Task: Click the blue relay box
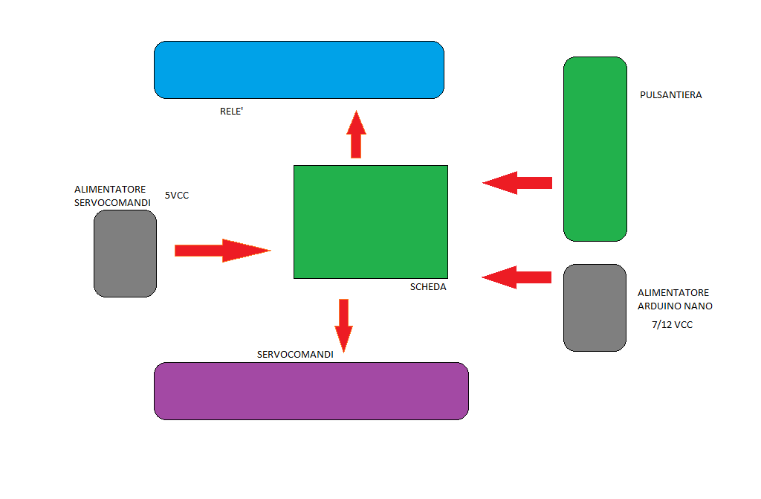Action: [x=299, y=70]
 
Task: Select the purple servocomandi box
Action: [x=311, y=391]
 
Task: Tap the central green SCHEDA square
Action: [x=370, y=222]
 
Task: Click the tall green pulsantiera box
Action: [x=595, y=149]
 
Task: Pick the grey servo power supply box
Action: [x=125, y=254]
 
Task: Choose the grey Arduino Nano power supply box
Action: [x=595, y=307]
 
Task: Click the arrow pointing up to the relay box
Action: [x=356, y=135]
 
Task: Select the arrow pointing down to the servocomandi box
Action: [x=343, y=324]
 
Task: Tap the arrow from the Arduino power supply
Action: [x=517, y=277]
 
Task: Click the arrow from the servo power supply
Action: [x=221, y=251]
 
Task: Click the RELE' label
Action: [x=232, y=112]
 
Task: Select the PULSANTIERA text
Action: [x=670, y=95]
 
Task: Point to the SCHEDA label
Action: [x=428, y=287]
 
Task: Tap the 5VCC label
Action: [x=177, y=196]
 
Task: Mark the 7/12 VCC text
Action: [x=671, y=325]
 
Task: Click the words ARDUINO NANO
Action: [x=675, y=306]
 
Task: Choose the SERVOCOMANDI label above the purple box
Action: [x=295, y=355]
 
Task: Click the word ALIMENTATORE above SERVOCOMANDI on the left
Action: [x=110, y=190]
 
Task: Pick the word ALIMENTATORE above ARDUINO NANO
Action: [x=673, y=293]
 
